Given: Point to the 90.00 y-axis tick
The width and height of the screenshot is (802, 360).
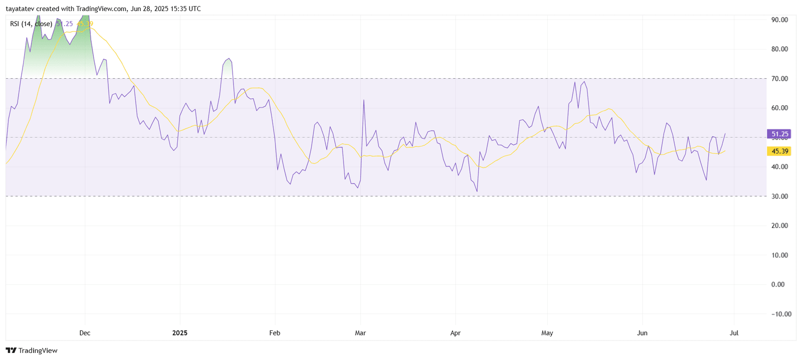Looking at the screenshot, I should point(780,20).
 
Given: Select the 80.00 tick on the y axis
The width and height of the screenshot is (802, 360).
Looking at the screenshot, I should point(780,49).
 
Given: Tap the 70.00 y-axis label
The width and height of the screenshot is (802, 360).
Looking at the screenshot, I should point(780,79).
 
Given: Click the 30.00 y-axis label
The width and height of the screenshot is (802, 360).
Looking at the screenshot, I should point(780,196).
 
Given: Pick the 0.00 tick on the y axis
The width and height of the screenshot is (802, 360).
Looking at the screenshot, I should point(778,284).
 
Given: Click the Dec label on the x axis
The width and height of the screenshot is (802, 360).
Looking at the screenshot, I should point(85,333).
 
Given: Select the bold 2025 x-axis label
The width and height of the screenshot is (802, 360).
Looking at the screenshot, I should point(179,333).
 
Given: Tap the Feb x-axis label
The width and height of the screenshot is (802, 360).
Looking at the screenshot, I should point(275,333).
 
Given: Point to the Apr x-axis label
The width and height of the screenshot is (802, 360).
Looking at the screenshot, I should point(455,333).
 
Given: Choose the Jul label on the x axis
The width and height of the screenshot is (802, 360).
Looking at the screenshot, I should point(734,333).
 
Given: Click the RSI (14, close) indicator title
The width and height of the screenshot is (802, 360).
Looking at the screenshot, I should point(31,24).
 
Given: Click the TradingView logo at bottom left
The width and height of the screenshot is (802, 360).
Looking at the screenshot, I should point(32,350).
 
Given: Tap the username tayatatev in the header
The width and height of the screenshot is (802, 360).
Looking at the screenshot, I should point(20,9).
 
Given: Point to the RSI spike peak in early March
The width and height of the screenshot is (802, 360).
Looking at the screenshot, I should point(363,100).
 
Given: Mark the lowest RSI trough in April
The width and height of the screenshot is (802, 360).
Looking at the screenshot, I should point(477,191).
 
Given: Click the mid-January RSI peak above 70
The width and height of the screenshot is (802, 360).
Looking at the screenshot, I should point(229,59).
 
